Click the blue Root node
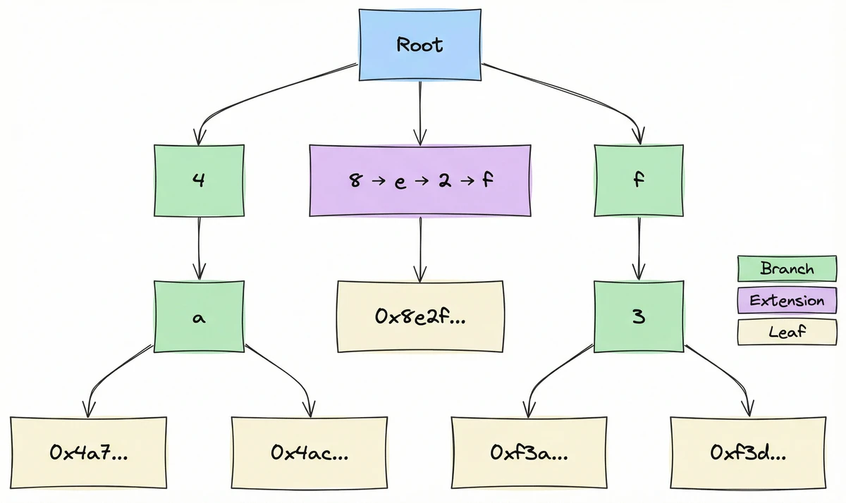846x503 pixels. pyautogui.click(x=419, y=45)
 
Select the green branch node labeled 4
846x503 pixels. pyautogui.click(x=200, y=180)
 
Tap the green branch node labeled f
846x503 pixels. pyautogui.click(x=639, y=180)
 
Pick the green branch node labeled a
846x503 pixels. pyautogui.click(x=200, y=317)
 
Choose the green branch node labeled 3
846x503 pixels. pyautogui.click(x=639, y=317)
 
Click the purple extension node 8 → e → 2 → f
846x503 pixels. pyautogui.click(x=420, y=180)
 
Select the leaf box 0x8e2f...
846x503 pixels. pyautogui.click(x=420, y=316)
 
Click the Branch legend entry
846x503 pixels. pyautogui.click(x=787, y=269)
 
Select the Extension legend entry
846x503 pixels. pyautogui.click(x=787, y=301)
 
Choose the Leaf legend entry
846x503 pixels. pyautogui.click(x=787, y=332)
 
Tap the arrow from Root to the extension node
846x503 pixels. pyautogui.click(x=420, y=113)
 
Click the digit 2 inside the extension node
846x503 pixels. pyautogui.click(x=444, y=180)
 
